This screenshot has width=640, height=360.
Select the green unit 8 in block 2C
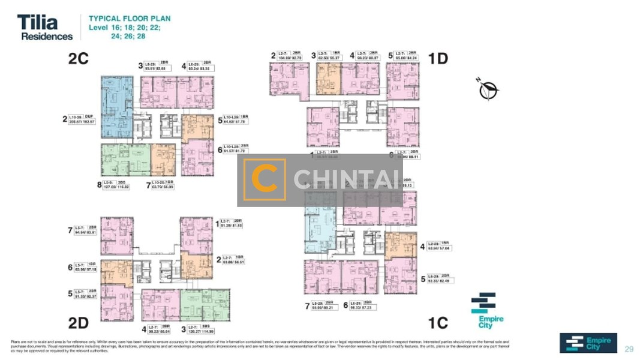(x=125, y=159)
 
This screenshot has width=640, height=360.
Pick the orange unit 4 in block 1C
(x=399, y=245)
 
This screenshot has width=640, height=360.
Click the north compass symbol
(x=489, y=89)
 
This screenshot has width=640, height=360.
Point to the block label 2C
(x=79, y=59)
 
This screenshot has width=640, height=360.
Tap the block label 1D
(x=438, y=58)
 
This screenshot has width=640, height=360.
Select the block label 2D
(x=79, y=323)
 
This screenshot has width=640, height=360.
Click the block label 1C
(x=438, y=323)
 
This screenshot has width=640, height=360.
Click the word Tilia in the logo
(x=37, y=23)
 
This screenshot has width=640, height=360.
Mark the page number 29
(x=629, y=349)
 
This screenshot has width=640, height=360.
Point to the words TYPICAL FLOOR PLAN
(x=130, y=19)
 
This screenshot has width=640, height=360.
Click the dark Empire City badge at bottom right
(x=588, y=343)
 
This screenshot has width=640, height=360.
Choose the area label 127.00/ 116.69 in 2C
(x=116, y=188)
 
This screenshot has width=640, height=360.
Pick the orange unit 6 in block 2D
(x=116, y=272)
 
